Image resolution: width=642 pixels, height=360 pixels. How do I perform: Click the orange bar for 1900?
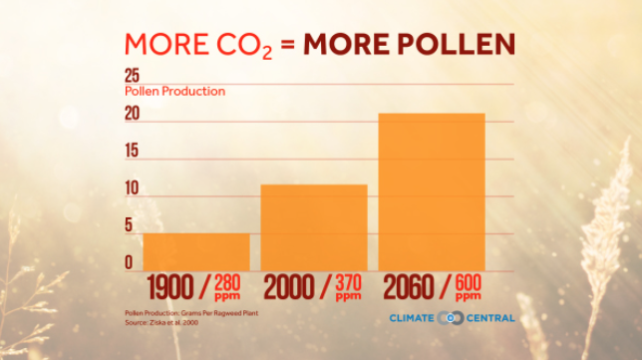pyautogui.click(x=196, y=252)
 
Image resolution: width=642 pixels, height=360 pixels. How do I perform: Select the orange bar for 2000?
pyautogui.click(x=314, y=227)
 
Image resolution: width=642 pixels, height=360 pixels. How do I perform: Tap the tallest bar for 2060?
pyautogui.click(x=432, y=192)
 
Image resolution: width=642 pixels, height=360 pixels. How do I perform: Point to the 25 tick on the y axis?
pyautogui.click(x=133, y=76)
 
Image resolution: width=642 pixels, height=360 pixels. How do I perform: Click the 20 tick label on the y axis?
pyautogui.click(x=133, y=114)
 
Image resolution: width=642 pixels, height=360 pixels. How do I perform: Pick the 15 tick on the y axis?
pyautogui.click(x=132, y=151)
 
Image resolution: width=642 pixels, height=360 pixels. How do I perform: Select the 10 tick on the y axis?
pyautogui.click(x=132, y=188)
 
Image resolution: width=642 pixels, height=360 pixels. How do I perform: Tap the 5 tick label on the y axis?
pyautogui.click(x=129, y=225)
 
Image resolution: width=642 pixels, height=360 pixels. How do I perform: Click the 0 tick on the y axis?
pyautogui.click(x=129, y=262)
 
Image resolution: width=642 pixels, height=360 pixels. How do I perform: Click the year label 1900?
pyautogui.click(x=169, y=287)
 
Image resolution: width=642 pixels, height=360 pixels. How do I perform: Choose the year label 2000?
pyautogui.click(x=288, y=287)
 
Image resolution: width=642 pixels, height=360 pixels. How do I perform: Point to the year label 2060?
pyautogui.click(x=408, y=287)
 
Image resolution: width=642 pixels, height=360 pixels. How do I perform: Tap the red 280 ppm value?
pyautogui.click(x=227, y=288)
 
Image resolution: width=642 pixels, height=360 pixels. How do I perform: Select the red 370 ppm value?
pyautogui.click(x=349, y=288)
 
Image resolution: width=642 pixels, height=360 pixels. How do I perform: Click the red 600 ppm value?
pyautogui.click(x=469, y=288)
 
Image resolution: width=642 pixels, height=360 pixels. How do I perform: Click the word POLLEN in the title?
pyautogui.click(x=457, y=44)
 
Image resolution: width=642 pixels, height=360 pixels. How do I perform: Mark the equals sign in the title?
pyautogui.click(x=288, y=45)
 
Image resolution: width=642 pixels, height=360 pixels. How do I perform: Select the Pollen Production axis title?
pyautogui.click(x=174, y=92)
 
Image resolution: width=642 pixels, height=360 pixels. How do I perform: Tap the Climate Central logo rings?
pyautogui.click(x=451, y=318)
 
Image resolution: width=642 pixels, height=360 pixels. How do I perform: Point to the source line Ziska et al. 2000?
pyautogui.click(x=161, y=323)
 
